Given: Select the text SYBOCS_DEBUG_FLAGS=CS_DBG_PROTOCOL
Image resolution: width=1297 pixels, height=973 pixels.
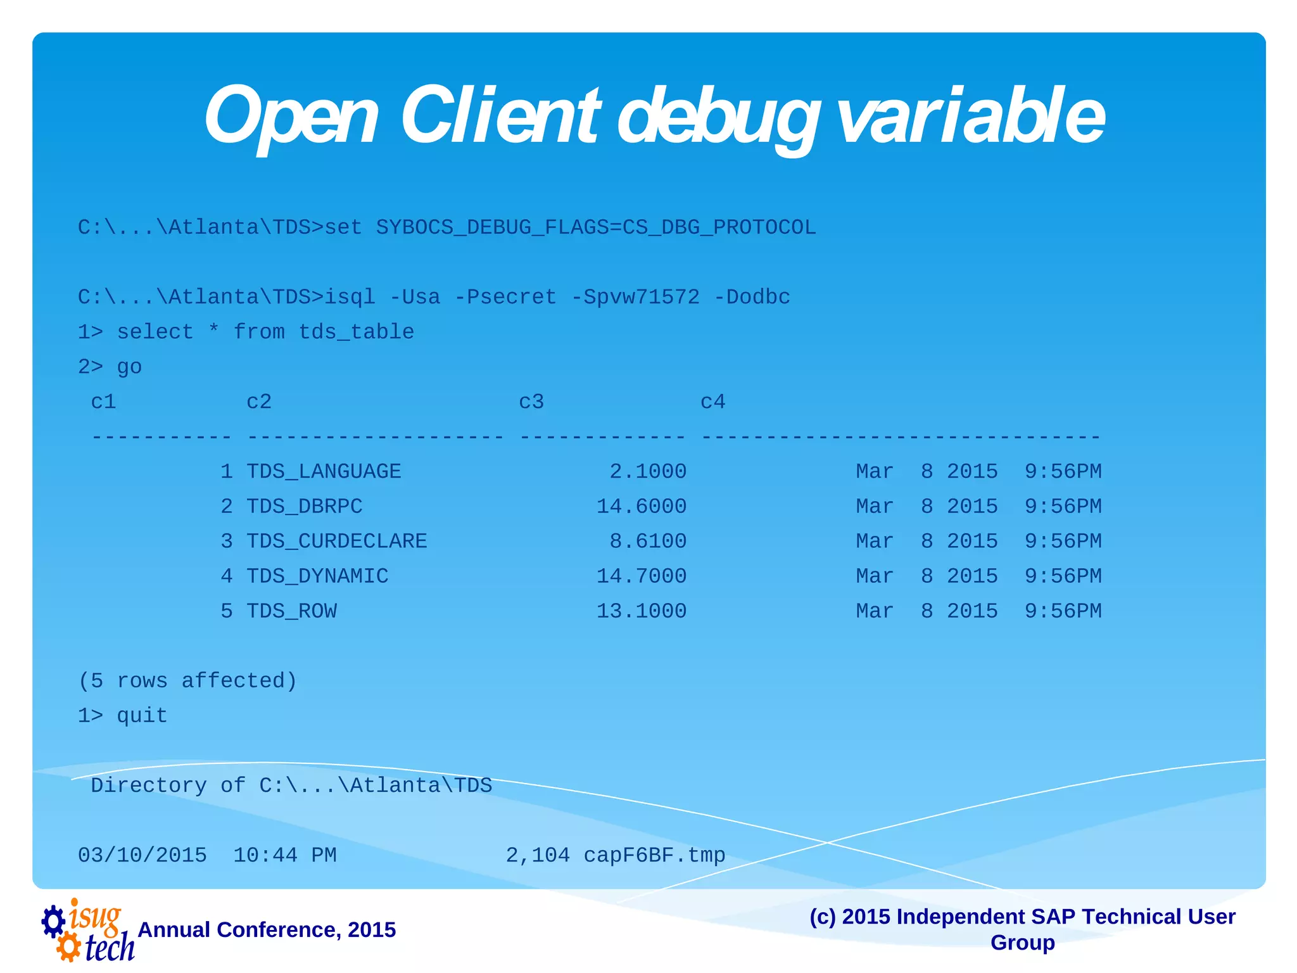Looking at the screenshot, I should [x=595, y=227].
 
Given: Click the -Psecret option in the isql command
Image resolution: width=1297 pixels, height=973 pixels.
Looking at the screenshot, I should [x=505, y=297].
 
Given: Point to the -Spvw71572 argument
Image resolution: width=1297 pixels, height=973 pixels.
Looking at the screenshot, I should [x=635, y=297].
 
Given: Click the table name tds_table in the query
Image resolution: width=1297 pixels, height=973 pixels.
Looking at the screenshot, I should [x=356, y=332].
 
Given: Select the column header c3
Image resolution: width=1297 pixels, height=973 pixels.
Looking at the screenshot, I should [x=531, y=402].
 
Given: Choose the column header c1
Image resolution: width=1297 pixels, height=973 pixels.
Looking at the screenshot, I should [x=103, y=402].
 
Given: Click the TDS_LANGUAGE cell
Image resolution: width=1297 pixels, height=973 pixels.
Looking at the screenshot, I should [x=323, y=471].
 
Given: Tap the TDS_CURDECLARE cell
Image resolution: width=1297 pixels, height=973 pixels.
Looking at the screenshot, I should [x=336, y=541].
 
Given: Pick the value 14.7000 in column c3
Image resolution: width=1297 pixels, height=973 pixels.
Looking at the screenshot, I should [x=641, y=576].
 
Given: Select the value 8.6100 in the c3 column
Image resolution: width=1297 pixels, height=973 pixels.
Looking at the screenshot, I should [x=647, y=541].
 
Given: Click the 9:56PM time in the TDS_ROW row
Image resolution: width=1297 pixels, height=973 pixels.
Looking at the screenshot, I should [x=1063, y=611].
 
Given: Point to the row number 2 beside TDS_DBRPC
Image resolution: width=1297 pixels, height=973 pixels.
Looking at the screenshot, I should [x=227, y=506].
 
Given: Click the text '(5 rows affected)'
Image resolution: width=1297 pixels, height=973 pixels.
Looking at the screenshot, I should [x=187, y=680].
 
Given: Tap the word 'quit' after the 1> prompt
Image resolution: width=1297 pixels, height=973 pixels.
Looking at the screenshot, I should [x=142, y=715].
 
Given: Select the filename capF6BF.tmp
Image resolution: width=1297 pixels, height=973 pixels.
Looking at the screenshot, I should [x=654, y=855].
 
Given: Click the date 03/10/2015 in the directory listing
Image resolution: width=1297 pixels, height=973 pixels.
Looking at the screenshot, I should [x=142, y=855].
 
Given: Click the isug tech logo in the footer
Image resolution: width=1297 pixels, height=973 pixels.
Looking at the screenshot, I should [x=87, y=930].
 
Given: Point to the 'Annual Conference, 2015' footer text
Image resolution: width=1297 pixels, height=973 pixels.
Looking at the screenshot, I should [x=267, y=929].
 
